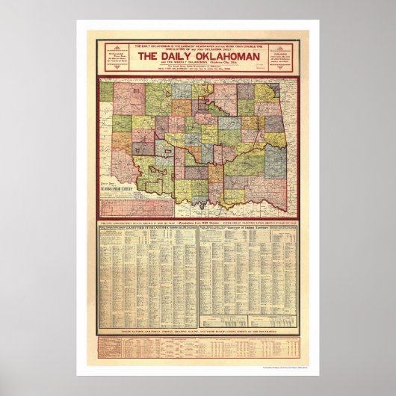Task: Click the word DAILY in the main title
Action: (179, 61)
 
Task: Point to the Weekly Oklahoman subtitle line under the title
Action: (198, 68)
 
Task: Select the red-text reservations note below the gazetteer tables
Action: (198, 330)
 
